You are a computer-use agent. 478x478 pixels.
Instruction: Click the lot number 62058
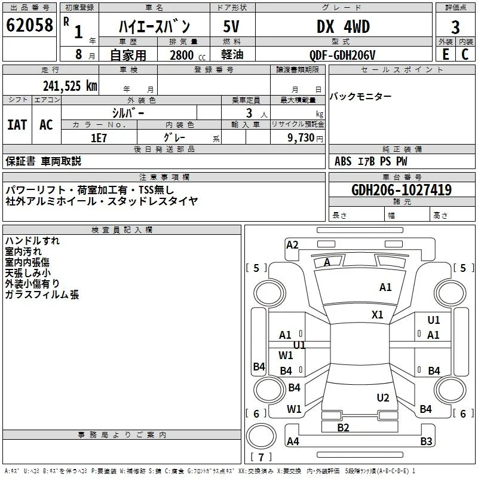point(29,25)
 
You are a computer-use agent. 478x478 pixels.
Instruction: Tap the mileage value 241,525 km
point(70,86)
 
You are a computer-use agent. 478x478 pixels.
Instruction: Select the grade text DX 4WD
point(343,27)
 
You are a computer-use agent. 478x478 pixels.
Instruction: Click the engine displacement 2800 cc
point(188,55)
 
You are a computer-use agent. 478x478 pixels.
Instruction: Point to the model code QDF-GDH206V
point(342,55)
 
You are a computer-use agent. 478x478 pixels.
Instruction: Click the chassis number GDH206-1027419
point(402,190)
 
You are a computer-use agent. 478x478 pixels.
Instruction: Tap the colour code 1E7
point(99,138)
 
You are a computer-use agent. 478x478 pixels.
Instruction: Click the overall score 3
point(455,27)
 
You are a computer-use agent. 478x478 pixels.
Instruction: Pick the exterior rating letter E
point(445,54)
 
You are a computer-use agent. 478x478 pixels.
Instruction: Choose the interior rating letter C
point(465,54)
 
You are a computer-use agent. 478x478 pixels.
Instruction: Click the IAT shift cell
point(17,125)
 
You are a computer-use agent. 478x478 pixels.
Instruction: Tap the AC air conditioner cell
point(46,125)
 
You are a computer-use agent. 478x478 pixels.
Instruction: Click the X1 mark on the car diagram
point(378,315)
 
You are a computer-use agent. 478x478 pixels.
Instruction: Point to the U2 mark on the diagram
point(383,398)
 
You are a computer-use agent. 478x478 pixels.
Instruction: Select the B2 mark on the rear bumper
point(343,428)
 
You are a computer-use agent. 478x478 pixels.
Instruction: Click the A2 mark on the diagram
point(292,245)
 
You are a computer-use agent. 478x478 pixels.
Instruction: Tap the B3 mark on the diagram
point(426,441)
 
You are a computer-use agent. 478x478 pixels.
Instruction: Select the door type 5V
point(231,27)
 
